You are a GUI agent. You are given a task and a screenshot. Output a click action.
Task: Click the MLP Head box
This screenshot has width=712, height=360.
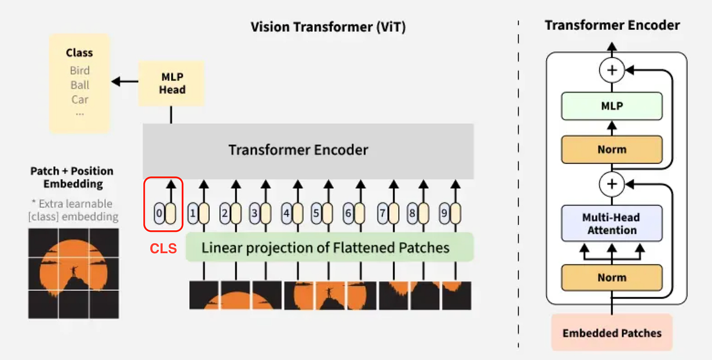(171, 83)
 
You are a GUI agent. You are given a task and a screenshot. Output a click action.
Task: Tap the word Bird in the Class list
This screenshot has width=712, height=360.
(80, 70)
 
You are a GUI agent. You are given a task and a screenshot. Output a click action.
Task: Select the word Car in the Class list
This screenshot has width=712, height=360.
(80, 100)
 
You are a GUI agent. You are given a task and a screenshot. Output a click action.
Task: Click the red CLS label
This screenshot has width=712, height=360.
(163, 249)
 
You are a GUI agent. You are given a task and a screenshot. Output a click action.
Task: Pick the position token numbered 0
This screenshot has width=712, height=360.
(159, 213)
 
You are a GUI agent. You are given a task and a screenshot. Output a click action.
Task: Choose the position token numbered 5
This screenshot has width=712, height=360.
(316, 213)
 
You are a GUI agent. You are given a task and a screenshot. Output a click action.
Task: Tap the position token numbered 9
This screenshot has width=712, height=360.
(444, 213)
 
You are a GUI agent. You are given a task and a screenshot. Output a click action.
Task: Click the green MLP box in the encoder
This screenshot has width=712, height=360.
(612, 106)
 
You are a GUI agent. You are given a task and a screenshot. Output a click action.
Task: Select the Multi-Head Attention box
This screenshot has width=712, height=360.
(612, 223)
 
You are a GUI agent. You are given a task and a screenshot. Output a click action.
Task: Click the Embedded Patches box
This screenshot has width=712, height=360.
(612, 333)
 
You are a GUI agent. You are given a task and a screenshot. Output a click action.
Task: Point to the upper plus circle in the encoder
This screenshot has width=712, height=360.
(612, 70)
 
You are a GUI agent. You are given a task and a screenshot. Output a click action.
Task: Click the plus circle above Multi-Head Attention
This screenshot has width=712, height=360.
(612, 184)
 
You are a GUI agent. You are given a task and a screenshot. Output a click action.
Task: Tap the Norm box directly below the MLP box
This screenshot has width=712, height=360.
(612, 149)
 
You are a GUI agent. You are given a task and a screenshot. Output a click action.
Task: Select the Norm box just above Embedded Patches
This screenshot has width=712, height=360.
(612, 278)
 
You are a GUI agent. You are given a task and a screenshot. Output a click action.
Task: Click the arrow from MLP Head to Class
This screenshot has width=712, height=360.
(125, 81)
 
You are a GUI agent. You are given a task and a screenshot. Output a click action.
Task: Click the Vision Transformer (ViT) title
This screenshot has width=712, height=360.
(328, 26)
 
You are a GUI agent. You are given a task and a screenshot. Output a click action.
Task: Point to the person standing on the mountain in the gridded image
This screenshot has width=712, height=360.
(74, 271)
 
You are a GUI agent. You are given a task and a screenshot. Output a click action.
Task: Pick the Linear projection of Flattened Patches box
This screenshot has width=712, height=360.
(330, 247)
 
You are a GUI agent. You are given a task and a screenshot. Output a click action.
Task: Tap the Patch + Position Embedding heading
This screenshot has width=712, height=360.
(72, 177)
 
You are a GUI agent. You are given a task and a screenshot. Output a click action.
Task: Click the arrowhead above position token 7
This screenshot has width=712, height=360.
(394, 184)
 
